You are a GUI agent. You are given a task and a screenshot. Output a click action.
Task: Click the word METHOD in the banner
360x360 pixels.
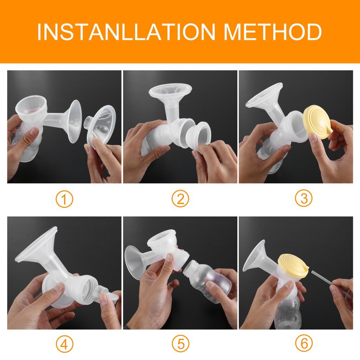273,32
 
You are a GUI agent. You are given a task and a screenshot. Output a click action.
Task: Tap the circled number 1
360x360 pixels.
64,199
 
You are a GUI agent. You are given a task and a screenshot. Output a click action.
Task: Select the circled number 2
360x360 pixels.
180,199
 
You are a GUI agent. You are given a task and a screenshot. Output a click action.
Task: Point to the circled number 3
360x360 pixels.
304,198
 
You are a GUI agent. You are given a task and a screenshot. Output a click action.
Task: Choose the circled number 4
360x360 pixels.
64,344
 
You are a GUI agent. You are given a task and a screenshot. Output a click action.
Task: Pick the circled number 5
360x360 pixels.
180,344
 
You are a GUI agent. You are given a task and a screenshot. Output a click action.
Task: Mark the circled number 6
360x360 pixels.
304,344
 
